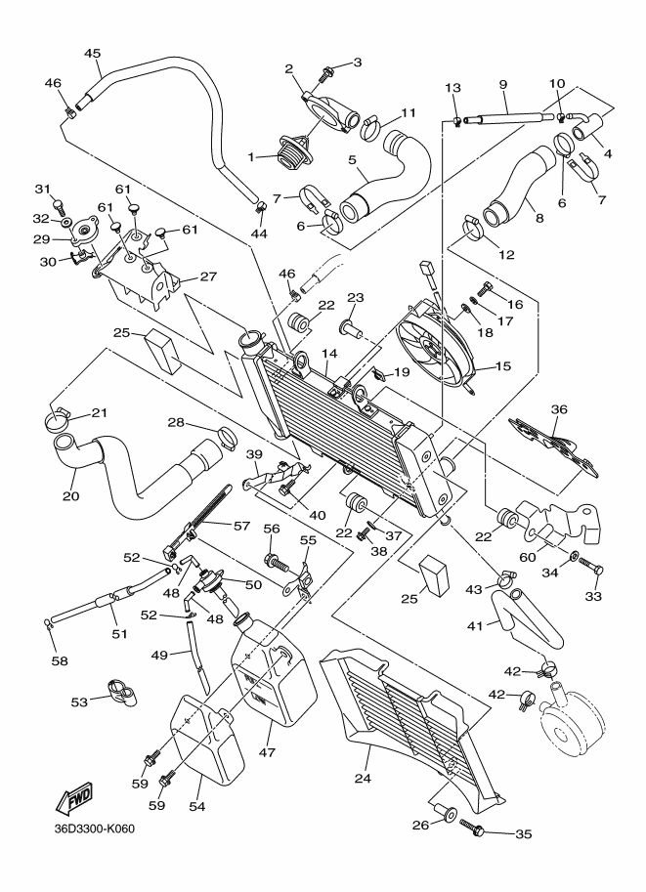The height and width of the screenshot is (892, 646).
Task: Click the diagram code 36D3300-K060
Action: [x=94, y=830]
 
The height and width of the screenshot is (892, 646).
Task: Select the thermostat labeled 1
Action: [x=291, y=153]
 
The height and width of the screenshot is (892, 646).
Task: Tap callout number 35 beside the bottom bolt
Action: [x=525, y=834]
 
